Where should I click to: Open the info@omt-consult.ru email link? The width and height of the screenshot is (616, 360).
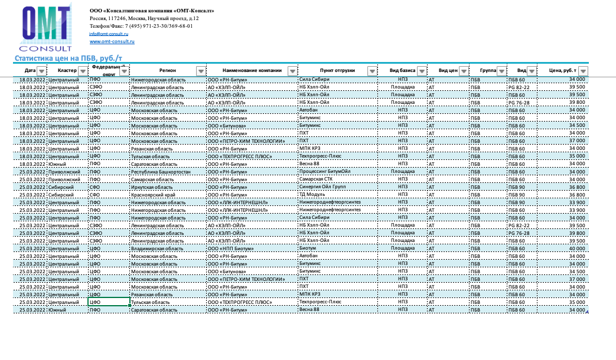[x=105, y=34]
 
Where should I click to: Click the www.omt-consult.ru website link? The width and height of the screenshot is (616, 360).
[x=112, y=42]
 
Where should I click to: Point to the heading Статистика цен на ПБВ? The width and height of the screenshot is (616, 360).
[x=69, y=58]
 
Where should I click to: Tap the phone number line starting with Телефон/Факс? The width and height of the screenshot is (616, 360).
[x=141, y=26]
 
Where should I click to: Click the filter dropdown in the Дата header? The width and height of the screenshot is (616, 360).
[x=41, y=71]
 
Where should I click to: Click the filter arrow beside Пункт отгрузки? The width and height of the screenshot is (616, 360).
[x=371, y=71]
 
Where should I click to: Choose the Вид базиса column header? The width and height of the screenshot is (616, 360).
[x=402, y=70]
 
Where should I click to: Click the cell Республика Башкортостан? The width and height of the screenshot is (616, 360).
[x=160, y=172]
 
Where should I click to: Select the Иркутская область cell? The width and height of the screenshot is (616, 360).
[x=152, y=187]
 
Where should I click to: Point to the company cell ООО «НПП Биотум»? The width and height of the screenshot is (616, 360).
[x=231, y=248]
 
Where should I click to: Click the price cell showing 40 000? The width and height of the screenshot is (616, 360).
[x=577, y=248]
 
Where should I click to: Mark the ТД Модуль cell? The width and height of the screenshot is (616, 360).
[x=312, y=195]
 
